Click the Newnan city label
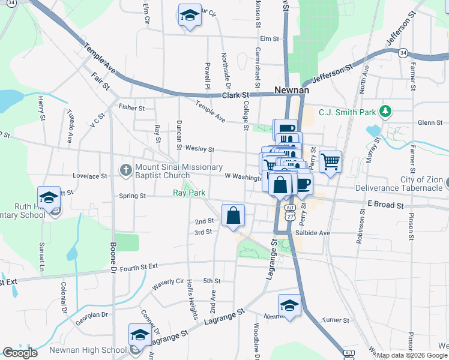[x=291, y=90]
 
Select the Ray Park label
[x=189, y=193]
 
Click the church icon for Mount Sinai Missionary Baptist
[x=125, y=170]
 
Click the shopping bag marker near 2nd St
[x=233, y=215]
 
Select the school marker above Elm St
[x=190, y=15]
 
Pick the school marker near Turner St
[x=289, y=305]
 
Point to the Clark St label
[x=236, y=95]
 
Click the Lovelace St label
[x=90, y=176]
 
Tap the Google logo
[x=20, y=353]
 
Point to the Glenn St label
[x=430, y=122]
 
